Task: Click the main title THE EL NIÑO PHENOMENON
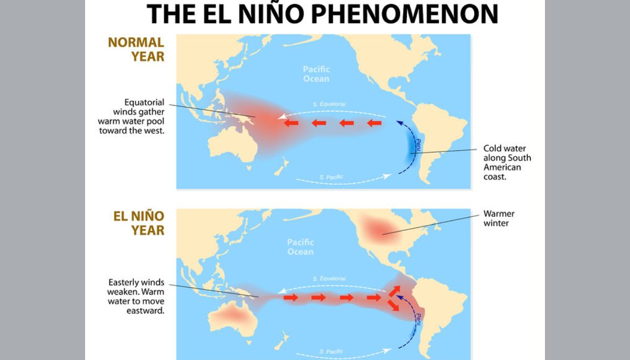point(322,14)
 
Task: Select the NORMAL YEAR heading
point(136,49)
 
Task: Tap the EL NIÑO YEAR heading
point(139,223)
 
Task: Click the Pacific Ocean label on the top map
point(316,74)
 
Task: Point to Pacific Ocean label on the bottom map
point(300,247)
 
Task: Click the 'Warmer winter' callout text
point(499,218)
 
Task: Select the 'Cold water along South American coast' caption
point(507,162)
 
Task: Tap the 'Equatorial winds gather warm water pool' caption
point(132,116)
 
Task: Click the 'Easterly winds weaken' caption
point(136,296)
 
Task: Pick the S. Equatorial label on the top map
point(329,104)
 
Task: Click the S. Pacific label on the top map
point(331,177)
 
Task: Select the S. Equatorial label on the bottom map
point(329,279)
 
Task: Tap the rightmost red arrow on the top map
point(374,123)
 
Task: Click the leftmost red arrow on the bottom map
point(291,298)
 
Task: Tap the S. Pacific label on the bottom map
point(331,352)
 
